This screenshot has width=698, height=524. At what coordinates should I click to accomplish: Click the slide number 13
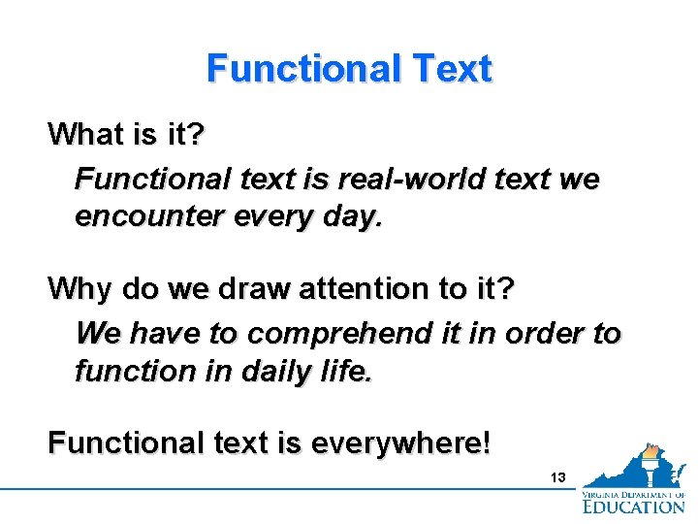[x=557, y=477]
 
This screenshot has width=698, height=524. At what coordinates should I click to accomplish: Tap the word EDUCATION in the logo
[x=634, y=505]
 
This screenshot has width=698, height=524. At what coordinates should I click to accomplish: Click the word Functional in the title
[x=303, y=69]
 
